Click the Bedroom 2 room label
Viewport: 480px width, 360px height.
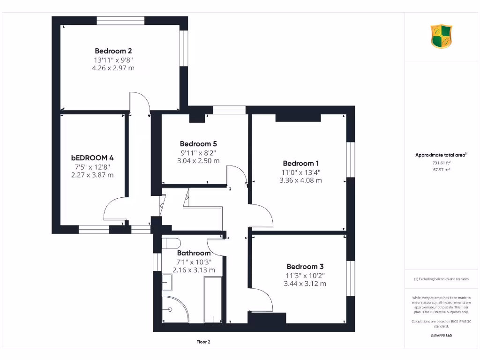click(x=113, y=51)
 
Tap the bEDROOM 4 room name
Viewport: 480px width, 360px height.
click(x=92, y=158)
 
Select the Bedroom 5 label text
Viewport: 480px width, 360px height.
click(x=198, y=144)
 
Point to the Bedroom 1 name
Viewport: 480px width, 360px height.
click(x=300, y=164)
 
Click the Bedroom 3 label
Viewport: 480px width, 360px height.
click(x=305, y=266)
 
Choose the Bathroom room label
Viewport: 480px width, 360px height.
click(x=194, y=253)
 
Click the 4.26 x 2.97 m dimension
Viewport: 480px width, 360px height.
click(x=113, y=68)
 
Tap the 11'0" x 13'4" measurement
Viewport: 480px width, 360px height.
click(x=300, y=172)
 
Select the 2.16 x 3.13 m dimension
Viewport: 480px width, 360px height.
click(x=194, y=270)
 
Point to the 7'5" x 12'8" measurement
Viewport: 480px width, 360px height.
click(x=92, y=166)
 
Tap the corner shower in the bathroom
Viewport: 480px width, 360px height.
click(x=174, y=309)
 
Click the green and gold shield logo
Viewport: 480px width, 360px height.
click(x=441, y=37)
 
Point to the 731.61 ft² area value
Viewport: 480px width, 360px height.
click(x=441, y=163)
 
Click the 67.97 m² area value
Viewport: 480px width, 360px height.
click(x=441, y=170)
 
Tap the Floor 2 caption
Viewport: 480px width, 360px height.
click(x=203, y=342)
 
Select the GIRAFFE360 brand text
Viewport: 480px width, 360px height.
click(x=441, y=336)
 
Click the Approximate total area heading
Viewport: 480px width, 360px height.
click(x=441, y=155)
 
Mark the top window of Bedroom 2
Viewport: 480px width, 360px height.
click(x=120, y=21)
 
